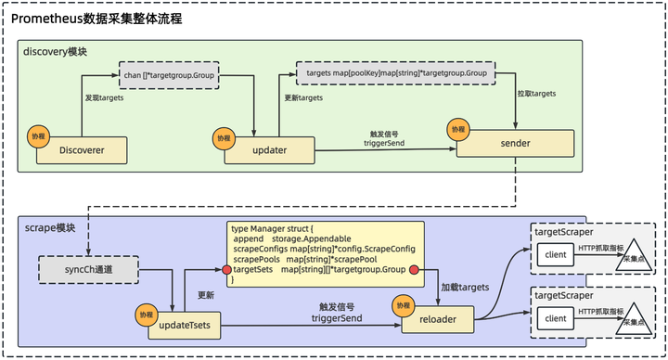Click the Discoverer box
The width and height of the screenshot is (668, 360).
[81, 150]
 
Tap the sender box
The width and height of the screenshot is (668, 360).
[516, 143]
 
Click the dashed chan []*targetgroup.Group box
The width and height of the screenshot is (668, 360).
[170, 75]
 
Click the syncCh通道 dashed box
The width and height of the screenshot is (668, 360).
[88, 268]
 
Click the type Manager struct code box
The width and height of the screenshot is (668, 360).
[325, 253]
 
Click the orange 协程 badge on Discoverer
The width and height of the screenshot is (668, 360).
[38, 135]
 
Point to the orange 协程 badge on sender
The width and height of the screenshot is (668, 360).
[456, 128]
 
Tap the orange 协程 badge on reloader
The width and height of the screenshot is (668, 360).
[404, 304]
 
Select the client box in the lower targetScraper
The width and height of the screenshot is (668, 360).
[556, 319]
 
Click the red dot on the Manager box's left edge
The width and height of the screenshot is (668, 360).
[226, 270]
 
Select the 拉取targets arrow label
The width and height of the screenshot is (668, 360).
[536, 94]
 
